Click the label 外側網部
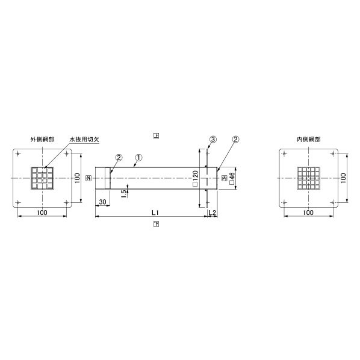tap(43, 139)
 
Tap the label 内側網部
tap(308, 139)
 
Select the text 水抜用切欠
tap(84, 139)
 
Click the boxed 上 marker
tap(156, 135)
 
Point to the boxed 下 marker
tap(156, 224)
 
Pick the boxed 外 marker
tap(88, 178)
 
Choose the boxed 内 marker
tap(225, 178)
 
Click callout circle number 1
tap(139, 158)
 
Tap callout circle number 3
tap(213, 139)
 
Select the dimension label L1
tap(155, 213)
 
